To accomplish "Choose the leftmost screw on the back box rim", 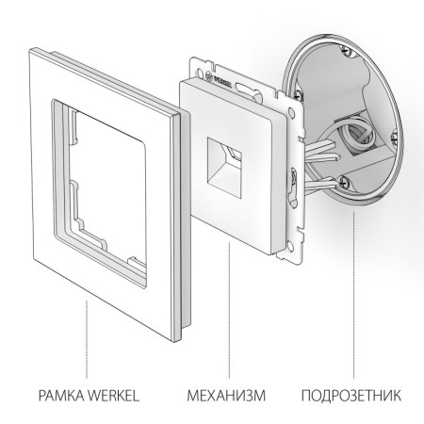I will coord(299,94).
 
